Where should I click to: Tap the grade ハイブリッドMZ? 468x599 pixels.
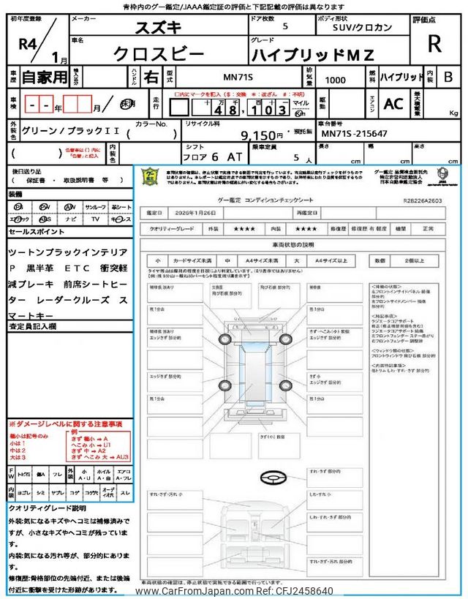coord(312,54)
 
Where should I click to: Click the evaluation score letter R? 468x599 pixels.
coord(434,44)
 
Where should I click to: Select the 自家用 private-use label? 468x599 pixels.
coord(42,77)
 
